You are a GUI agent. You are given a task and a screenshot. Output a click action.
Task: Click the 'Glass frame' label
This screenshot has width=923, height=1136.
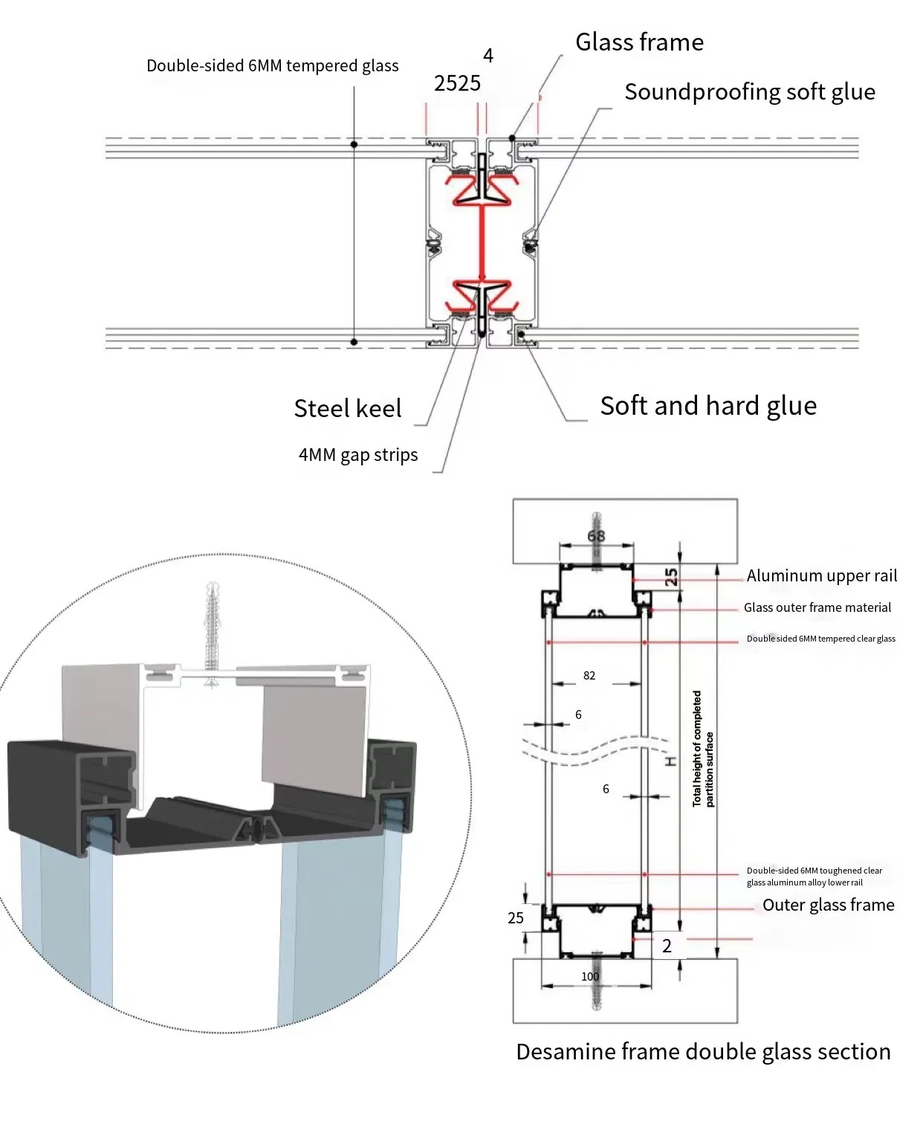pyautogui.click(x=639, y=42)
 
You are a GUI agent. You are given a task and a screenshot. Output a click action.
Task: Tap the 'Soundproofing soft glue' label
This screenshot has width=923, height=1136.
pyautogui.click(x=749, y=92)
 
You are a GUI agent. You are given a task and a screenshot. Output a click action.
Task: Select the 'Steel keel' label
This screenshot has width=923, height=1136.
pyautogui.click(x=347, y=408)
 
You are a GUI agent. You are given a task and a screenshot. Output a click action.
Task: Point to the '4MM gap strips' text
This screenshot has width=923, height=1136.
pyautogui.click(x=357, y=455)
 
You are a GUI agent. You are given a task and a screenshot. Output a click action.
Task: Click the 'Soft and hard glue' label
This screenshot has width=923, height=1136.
pyautogui.click(x=707, y=406)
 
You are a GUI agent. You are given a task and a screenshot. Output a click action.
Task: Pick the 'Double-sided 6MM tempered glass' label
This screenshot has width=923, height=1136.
pyautogui.click(x=272, y=66)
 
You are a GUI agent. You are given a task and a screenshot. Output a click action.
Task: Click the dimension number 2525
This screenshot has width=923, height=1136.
pyautogui.click(x=457, y=83)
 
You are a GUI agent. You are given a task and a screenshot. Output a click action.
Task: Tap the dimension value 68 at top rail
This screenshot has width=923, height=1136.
pyautogui.click(x=596, y=536)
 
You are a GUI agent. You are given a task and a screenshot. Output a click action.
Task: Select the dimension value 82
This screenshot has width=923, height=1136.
pyautogui.click(x=589, y=676)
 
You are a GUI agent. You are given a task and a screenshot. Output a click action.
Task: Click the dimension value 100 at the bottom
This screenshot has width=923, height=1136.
pyautogui.click(x=590, y=977)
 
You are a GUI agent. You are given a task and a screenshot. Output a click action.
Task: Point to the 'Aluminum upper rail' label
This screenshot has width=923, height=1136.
pyautogui.click(x=821, y=576)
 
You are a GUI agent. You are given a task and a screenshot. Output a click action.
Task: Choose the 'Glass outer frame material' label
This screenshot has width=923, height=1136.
pyautogui.click(x=817, y=607)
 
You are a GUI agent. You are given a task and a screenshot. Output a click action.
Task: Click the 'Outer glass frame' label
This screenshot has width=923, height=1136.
pyautogui.click(x=828, y=906)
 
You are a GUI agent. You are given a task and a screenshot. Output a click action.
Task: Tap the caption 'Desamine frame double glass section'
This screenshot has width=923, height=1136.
pyautogui.click(x=703, y=1052)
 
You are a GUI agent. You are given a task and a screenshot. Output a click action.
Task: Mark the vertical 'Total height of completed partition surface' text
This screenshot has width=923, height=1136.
pyautogui.click(x=702, y=749)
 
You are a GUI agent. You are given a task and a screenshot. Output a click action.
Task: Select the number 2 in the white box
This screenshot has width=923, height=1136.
pyautogui.click(x=667, y=946)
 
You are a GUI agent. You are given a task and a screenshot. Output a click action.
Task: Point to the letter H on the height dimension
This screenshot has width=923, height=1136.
pyautogui.click(x=670, y=761)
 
